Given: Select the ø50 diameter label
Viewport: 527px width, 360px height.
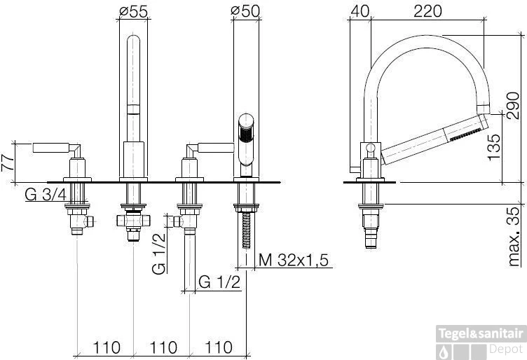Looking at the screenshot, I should [245, 11].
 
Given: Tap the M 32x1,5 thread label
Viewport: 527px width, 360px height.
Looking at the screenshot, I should [294, 261].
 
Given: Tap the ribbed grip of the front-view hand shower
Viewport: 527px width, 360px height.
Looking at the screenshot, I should [245, 130].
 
